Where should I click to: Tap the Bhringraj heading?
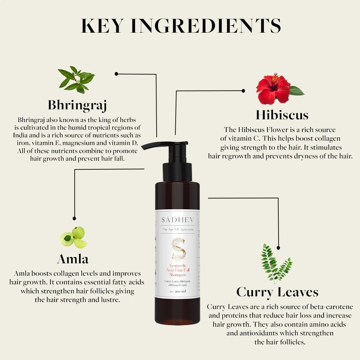[x=77, y=105]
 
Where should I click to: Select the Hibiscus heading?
[x=282, y=115]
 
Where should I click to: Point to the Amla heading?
[x=73, y=259]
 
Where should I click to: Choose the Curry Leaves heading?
[x=277, y=292]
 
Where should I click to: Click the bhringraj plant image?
[x=76, y=79]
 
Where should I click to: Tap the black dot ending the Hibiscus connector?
[x=243, y=91]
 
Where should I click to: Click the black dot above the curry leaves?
[x=278, y=248]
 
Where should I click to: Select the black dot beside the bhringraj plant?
[x=116, y=74]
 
